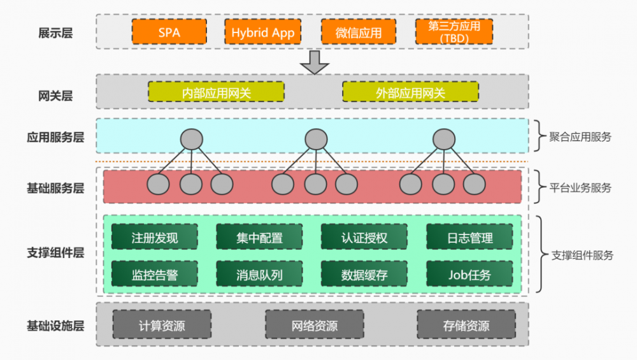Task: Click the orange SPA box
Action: click(x=169, y=32)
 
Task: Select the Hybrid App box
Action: click(x=262, y=32)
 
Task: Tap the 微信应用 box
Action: click(x=358, y=32)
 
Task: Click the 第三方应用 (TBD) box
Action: click(x=454, y=32)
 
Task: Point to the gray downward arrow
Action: click(x=315, y=61)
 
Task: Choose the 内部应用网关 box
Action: click(x=216, y=92)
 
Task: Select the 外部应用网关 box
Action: click(x=410, y=92)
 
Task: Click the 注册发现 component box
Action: click(x=154, y=238)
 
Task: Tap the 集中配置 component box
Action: click(x=259, y=238)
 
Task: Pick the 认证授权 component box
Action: click(x=364, y=238)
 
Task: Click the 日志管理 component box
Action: click(x=469, y=238)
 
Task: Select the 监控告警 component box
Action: click(x=154, y=275)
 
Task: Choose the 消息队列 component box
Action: click(x=259, y=275)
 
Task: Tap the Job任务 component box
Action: click(x=469, y=275)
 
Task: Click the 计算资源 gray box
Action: click(x=162, y=325)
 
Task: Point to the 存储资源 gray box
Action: click(x=466, y=325)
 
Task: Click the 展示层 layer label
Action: click(x=55, y=32)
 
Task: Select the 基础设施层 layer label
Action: click(x=55, y=326)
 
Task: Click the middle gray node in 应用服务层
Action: click(x=315, y=138)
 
